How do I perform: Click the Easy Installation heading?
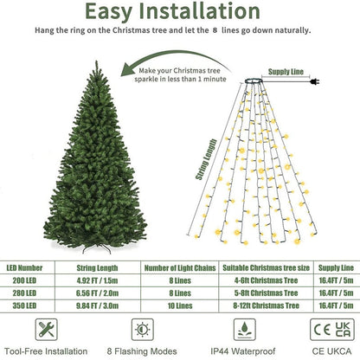coord(179,14)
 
